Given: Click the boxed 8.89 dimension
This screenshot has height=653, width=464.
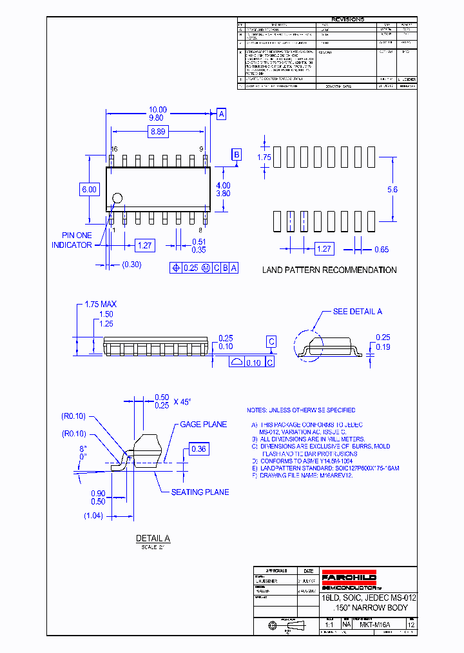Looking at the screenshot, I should click(158, 132).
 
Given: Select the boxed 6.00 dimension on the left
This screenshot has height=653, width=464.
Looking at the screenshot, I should click(88, 189).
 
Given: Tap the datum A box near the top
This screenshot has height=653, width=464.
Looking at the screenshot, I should click(222, 114).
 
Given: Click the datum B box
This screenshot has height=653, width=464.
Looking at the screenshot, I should click(237, 154).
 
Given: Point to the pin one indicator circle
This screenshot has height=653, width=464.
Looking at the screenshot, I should click(117, 199).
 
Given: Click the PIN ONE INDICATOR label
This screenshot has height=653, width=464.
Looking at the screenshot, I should click(72, 240).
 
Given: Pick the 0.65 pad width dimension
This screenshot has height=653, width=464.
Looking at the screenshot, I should click(382, 249).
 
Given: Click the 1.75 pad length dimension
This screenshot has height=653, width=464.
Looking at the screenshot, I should click(264, 157).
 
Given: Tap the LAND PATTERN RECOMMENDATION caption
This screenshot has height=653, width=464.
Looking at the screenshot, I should click(329, 270).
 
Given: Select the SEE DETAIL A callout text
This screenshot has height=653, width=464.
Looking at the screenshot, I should click(357, 312).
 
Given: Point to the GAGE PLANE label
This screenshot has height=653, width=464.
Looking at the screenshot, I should click(202, 425).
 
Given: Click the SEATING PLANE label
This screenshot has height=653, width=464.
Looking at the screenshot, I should click(200, 492).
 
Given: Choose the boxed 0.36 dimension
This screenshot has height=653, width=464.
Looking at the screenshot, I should click(199, 448).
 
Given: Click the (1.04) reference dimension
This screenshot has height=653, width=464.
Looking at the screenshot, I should click(93, 515).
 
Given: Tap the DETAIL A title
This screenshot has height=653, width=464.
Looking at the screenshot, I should click(153, 538).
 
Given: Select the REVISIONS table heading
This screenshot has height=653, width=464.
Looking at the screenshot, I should click(347, 19).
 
